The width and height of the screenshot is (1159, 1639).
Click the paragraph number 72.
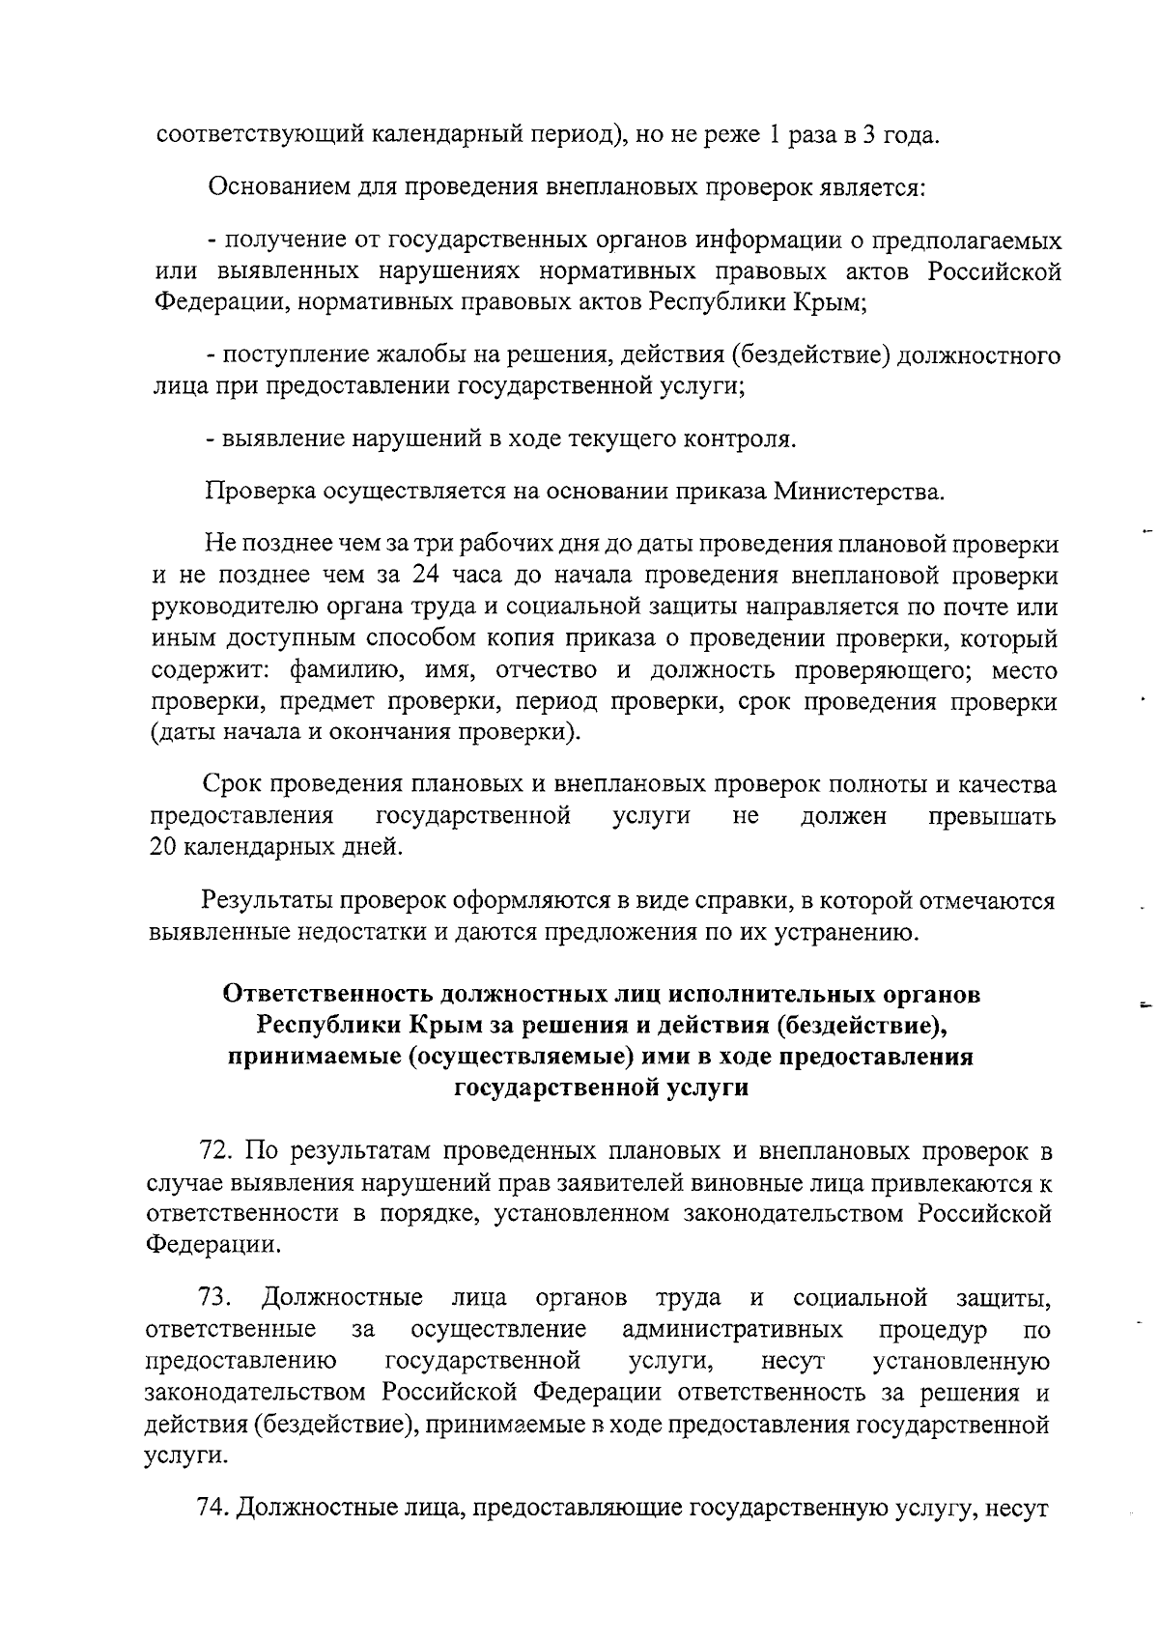217,1150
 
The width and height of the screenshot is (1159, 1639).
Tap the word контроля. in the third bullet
740,439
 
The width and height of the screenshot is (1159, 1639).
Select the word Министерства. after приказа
857,493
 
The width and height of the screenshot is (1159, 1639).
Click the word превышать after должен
991,816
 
